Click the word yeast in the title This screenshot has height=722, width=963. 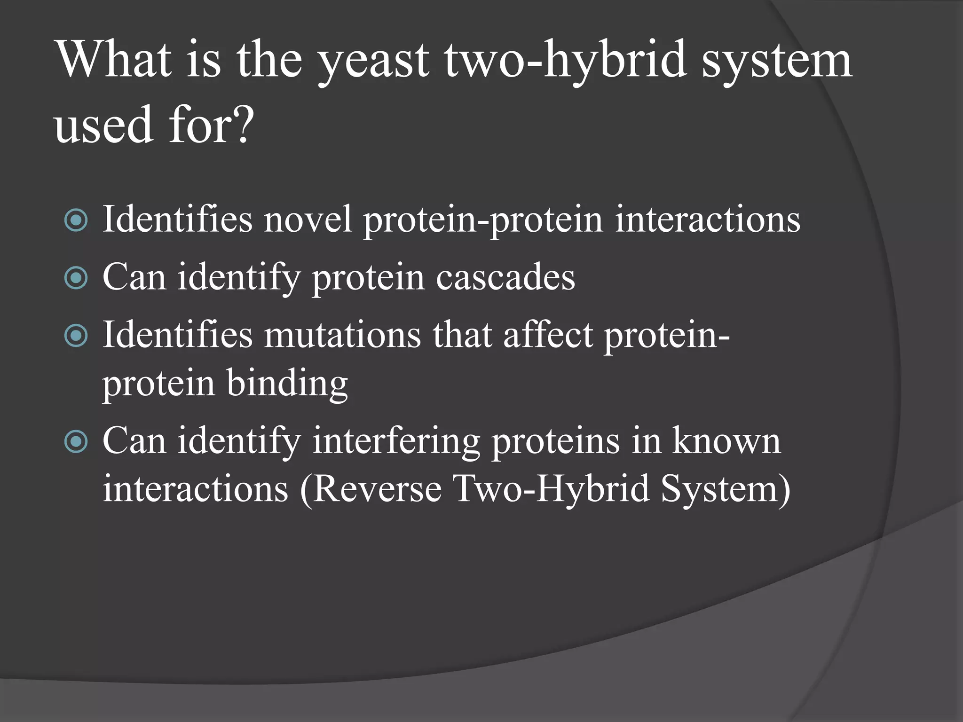[x=374, y=61]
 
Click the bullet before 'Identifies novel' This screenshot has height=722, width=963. [x=76, y=220]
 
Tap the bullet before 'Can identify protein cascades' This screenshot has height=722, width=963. [x=76, y=278]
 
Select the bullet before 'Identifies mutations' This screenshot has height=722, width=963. [x=76, y=336]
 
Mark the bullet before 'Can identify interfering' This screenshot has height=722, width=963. [x=76, y=441]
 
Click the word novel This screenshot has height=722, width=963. [x=308, y=219]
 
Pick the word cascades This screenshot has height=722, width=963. [x=505, y=277]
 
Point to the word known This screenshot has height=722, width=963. [x=727, y=440]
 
